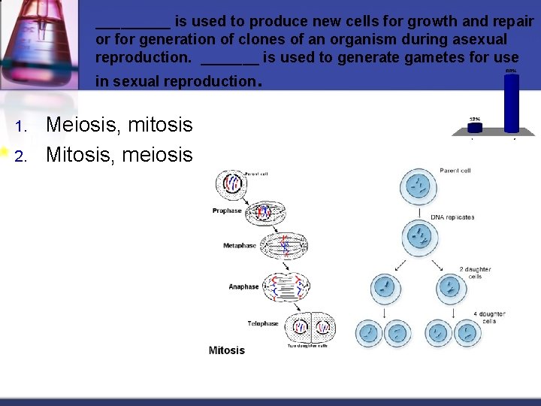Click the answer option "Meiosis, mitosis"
pyautogui.click(x=119, y=125)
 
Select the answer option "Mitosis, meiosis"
pyautogui.click(x=119, y=155)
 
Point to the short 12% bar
pyautogui.click(x=476, y=129)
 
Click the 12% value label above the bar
pyautogui.click(x=475, y=119)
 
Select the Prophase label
pyautogui.click(x=227, y=211)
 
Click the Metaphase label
pyautogui.click(x=240, y=246)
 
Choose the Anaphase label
pyautogui.click(x=243, y=286)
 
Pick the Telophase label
pyautogui.click(x=263, y=323)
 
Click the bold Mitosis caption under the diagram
pyautogui.click(x=227, y=350)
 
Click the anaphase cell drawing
pyautogui.click(x=286, y=286)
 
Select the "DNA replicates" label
pyautogui.click(x=452, y=217)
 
